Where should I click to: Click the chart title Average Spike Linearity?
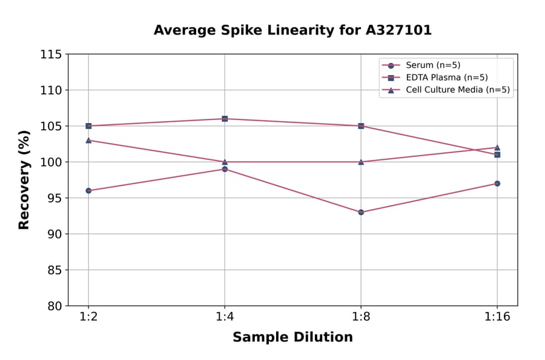(x=292, y=30)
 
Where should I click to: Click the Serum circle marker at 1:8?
(x=361, y=212)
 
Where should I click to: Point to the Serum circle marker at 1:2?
(x=88, y=190)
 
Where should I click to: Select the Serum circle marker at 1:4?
(x=225, y=169)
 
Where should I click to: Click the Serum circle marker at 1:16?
(x=497, y=183)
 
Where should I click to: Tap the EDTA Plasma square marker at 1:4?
(x=225, y=119)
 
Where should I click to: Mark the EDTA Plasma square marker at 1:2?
(x=88, y=126)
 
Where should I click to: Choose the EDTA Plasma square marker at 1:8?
(x=361, y=126)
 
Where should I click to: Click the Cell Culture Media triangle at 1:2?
(x=88, y=140)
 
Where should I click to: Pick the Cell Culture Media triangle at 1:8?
(x=361, y=162)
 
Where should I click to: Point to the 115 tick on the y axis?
(x=51, y=55)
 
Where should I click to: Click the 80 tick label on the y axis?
(x=54, y=306)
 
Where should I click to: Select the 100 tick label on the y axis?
(x=51, y=162)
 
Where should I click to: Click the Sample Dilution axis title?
(x=292, y=338)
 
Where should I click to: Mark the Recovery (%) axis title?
(x=24, y=180)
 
